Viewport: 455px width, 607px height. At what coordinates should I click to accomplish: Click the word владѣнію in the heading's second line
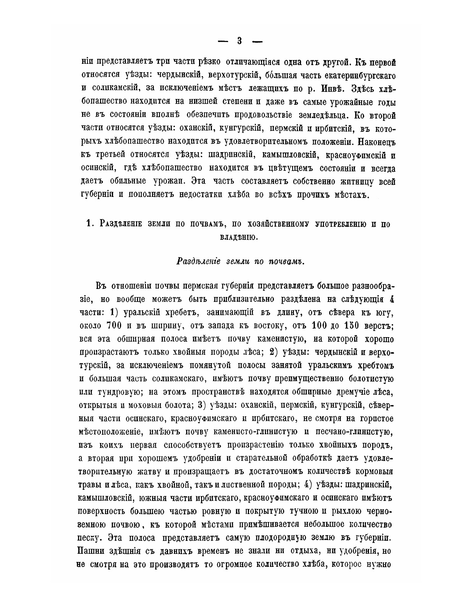(x=238, y=237)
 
